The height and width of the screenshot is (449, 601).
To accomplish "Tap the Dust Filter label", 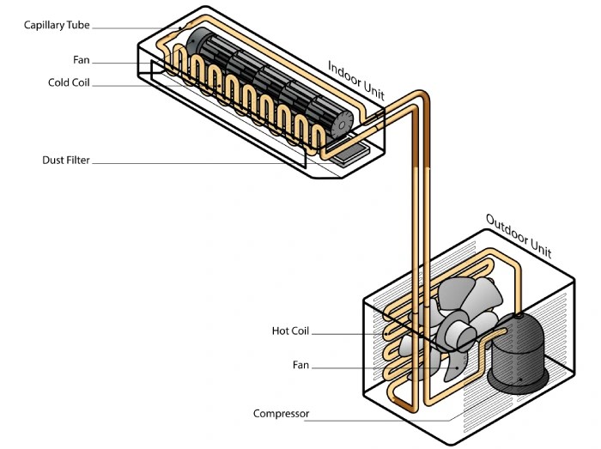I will (66, 161).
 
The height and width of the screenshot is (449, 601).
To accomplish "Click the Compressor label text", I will (281, 414).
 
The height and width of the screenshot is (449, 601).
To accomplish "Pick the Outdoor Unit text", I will (519, 235).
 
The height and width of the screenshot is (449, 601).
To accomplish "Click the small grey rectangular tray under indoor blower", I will (350, 155).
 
